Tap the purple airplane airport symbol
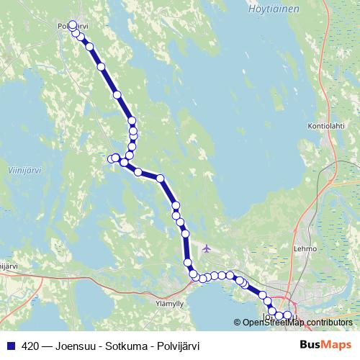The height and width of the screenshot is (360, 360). [x=207, y=249]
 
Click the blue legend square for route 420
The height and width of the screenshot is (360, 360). [x=10, y=345]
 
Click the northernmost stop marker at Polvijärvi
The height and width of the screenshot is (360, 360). [x=72, y=25]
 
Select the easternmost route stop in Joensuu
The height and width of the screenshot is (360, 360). [x=288, y=315]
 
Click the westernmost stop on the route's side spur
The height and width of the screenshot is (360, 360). [x=112, y=158]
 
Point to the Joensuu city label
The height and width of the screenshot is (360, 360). [x=272, y=316]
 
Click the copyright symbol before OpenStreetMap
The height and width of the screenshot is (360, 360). [x=238, y=322]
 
